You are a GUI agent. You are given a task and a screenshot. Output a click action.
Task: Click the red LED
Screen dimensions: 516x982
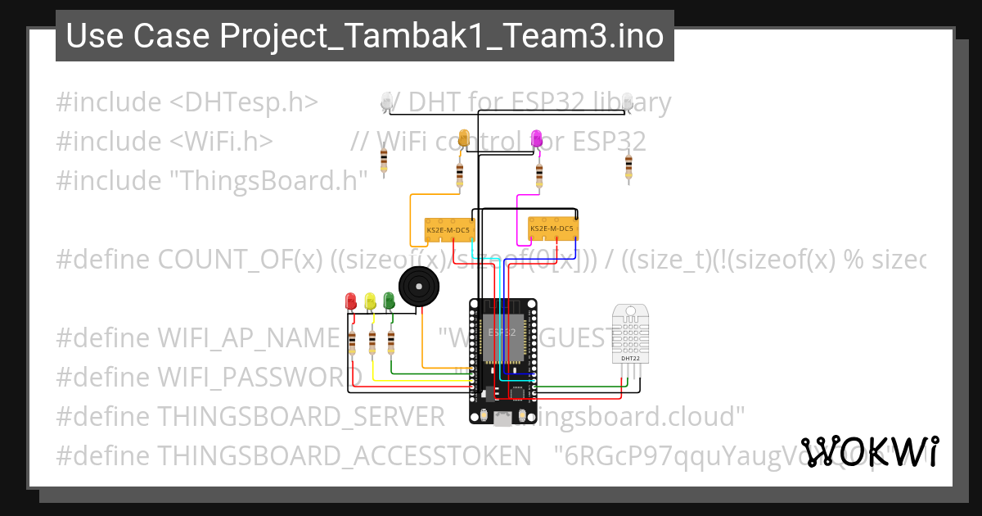click(x=351, y=301)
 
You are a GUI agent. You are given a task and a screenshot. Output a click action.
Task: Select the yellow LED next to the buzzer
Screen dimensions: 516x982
click(x=370, y=301)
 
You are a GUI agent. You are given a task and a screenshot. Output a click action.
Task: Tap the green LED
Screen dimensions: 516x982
click(x=389, y=301)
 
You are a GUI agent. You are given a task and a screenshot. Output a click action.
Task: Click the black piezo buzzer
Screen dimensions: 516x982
click(x=419, y=287)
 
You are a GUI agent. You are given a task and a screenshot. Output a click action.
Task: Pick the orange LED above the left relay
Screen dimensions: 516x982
click(x=464, y=138)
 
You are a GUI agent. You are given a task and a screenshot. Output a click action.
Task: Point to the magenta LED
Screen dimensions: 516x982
click(x=537, y=138)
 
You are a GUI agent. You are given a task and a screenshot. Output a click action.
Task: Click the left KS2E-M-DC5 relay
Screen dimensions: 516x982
click(x=449, y=230)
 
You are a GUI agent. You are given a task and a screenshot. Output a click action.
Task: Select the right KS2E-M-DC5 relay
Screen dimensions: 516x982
click(x=553, y=229)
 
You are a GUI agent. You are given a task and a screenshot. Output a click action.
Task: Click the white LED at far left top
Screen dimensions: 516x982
click(x=386, y=101)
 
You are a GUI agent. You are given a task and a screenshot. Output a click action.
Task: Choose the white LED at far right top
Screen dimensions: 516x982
click(x=627, y=101)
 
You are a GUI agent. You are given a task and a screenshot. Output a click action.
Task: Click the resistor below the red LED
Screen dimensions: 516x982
click(x=352, y=342)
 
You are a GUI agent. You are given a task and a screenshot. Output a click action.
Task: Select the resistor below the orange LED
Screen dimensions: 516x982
click(x=459, y=174)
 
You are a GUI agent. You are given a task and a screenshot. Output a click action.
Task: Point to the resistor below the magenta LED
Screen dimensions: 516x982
click(x=538, y=174)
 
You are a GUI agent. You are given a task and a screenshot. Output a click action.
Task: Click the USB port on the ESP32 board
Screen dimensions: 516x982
click(x=502, y=418)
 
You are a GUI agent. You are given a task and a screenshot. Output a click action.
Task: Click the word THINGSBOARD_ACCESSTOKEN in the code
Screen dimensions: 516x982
click(x=339, y=455)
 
